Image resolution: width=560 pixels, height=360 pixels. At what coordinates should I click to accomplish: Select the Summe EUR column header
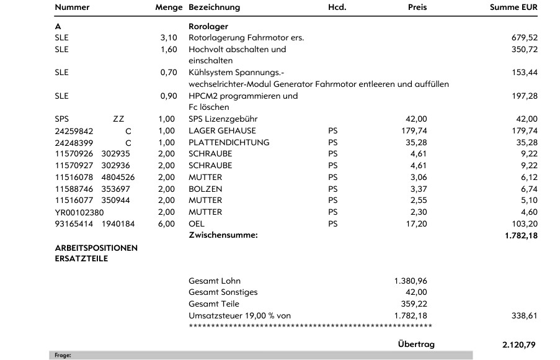click(513, 7)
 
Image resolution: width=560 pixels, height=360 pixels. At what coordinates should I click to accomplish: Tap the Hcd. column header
click(337, 7)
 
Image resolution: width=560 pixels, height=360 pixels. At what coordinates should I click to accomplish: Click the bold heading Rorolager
click(208, 26)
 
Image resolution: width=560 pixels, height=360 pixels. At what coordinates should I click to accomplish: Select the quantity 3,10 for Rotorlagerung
click(169, 38)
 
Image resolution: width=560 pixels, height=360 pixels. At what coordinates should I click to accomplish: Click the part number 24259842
click(73, 131)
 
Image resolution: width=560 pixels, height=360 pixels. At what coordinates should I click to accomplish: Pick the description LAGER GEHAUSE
click(222, 131)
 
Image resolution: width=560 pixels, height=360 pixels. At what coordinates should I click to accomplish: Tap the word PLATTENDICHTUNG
click(229, 143)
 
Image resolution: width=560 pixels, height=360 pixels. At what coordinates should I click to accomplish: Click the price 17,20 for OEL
click(417, 224)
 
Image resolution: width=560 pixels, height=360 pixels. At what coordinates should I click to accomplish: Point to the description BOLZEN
click(205, 189)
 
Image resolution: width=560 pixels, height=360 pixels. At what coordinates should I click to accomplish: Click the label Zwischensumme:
click(223, 236)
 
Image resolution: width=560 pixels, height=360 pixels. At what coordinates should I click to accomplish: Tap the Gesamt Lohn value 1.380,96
click(411, 281)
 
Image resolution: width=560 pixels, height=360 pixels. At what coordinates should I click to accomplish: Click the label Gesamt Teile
click(213, 304)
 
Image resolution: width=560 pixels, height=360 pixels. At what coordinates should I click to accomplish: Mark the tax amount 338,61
click(525, 316)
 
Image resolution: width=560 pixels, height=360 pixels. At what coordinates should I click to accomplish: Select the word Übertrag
click(416, 344)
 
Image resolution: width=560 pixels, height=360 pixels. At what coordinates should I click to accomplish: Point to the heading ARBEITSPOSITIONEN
click(96, 248)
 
